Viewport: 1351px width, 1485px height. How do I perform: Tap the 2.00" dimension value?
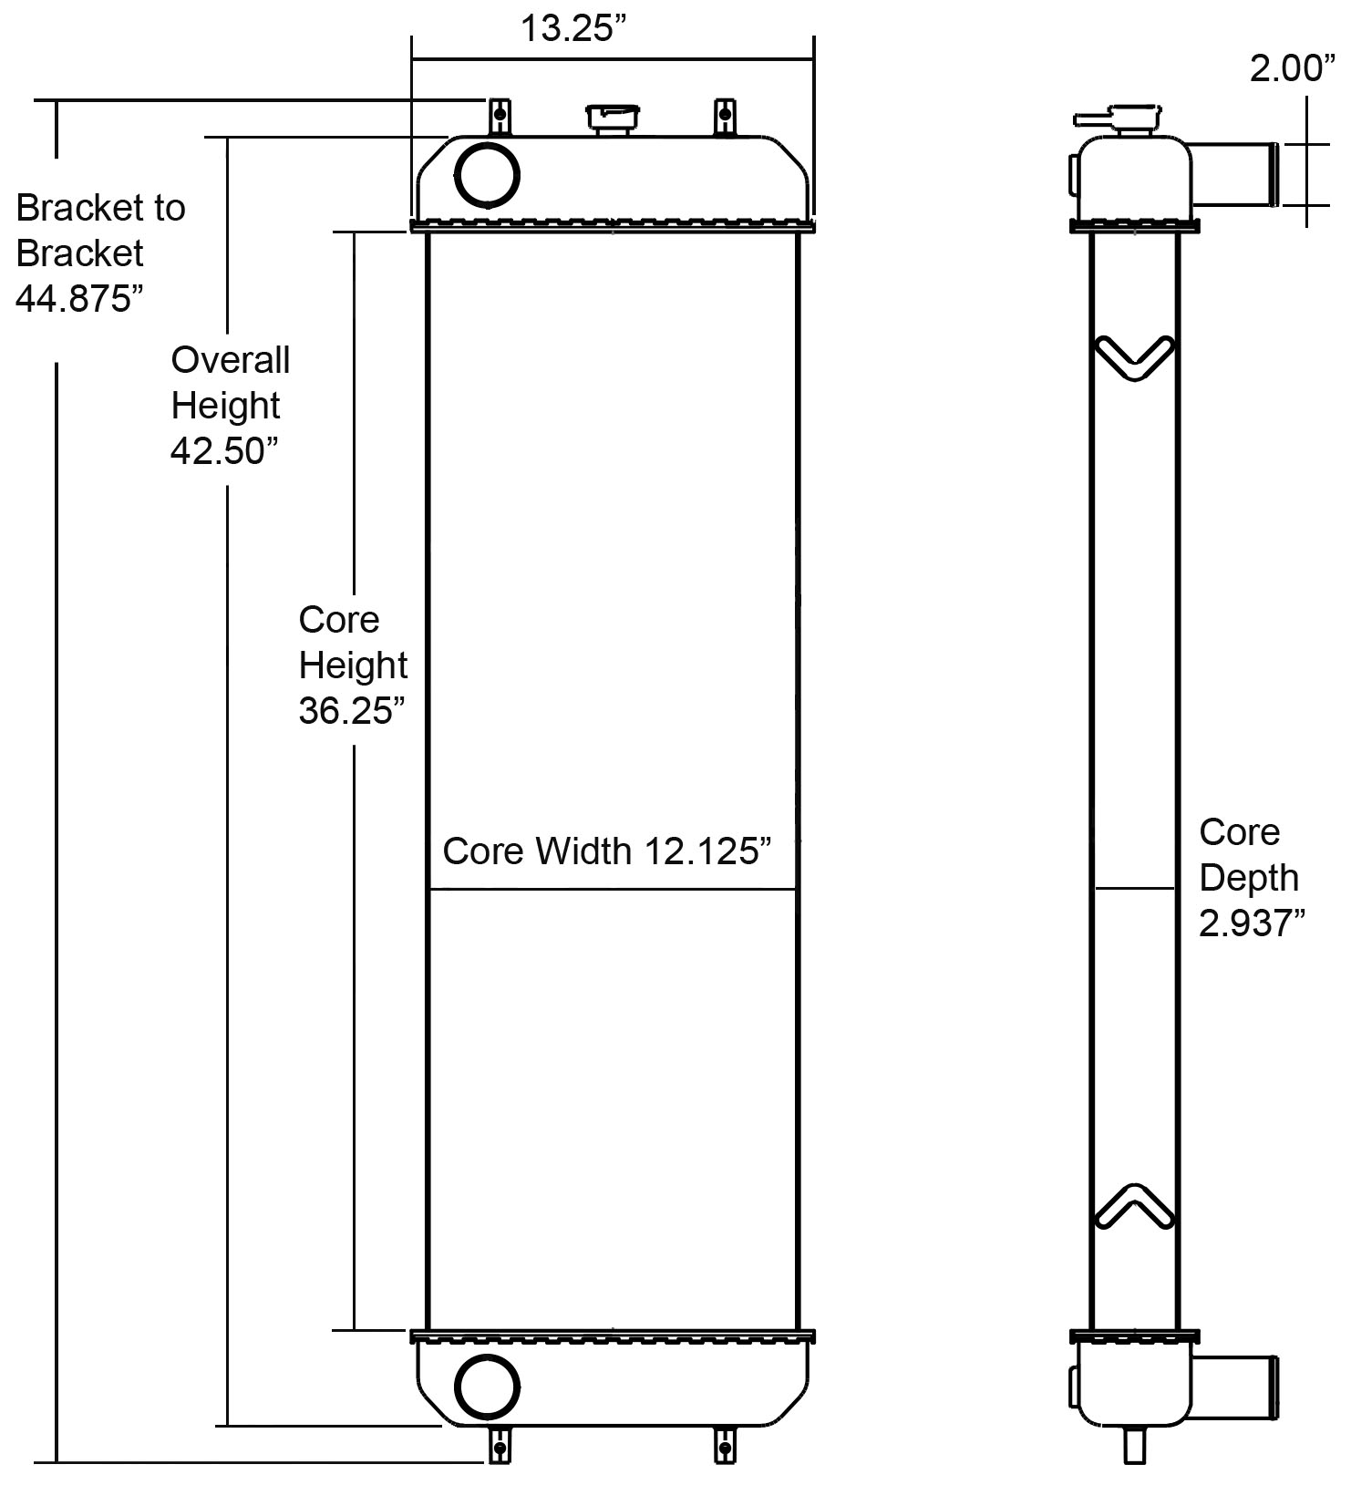click(1291, 68)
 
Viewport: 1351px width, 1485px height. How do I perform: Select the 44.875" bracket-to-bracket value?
click(80, 299)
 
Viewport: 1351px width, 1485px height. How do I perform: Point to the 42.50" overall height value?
click(224, 450)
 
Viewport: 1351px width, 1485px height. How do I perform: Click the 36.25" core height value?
click(351, 711)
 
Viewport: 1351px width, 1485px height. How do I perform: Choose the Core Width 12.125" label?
click(607, 851)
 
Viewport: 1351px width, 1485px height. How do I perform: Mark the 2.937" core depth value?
click(1252, 924)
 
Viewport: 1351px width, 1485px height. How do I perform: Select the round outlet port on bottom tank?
click(487, 1387)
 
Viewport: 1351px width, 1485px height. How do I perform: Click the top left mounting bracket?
click(499, 116)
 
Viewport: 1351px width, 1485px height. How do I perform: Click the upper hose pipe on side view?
click(1235, 174)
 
